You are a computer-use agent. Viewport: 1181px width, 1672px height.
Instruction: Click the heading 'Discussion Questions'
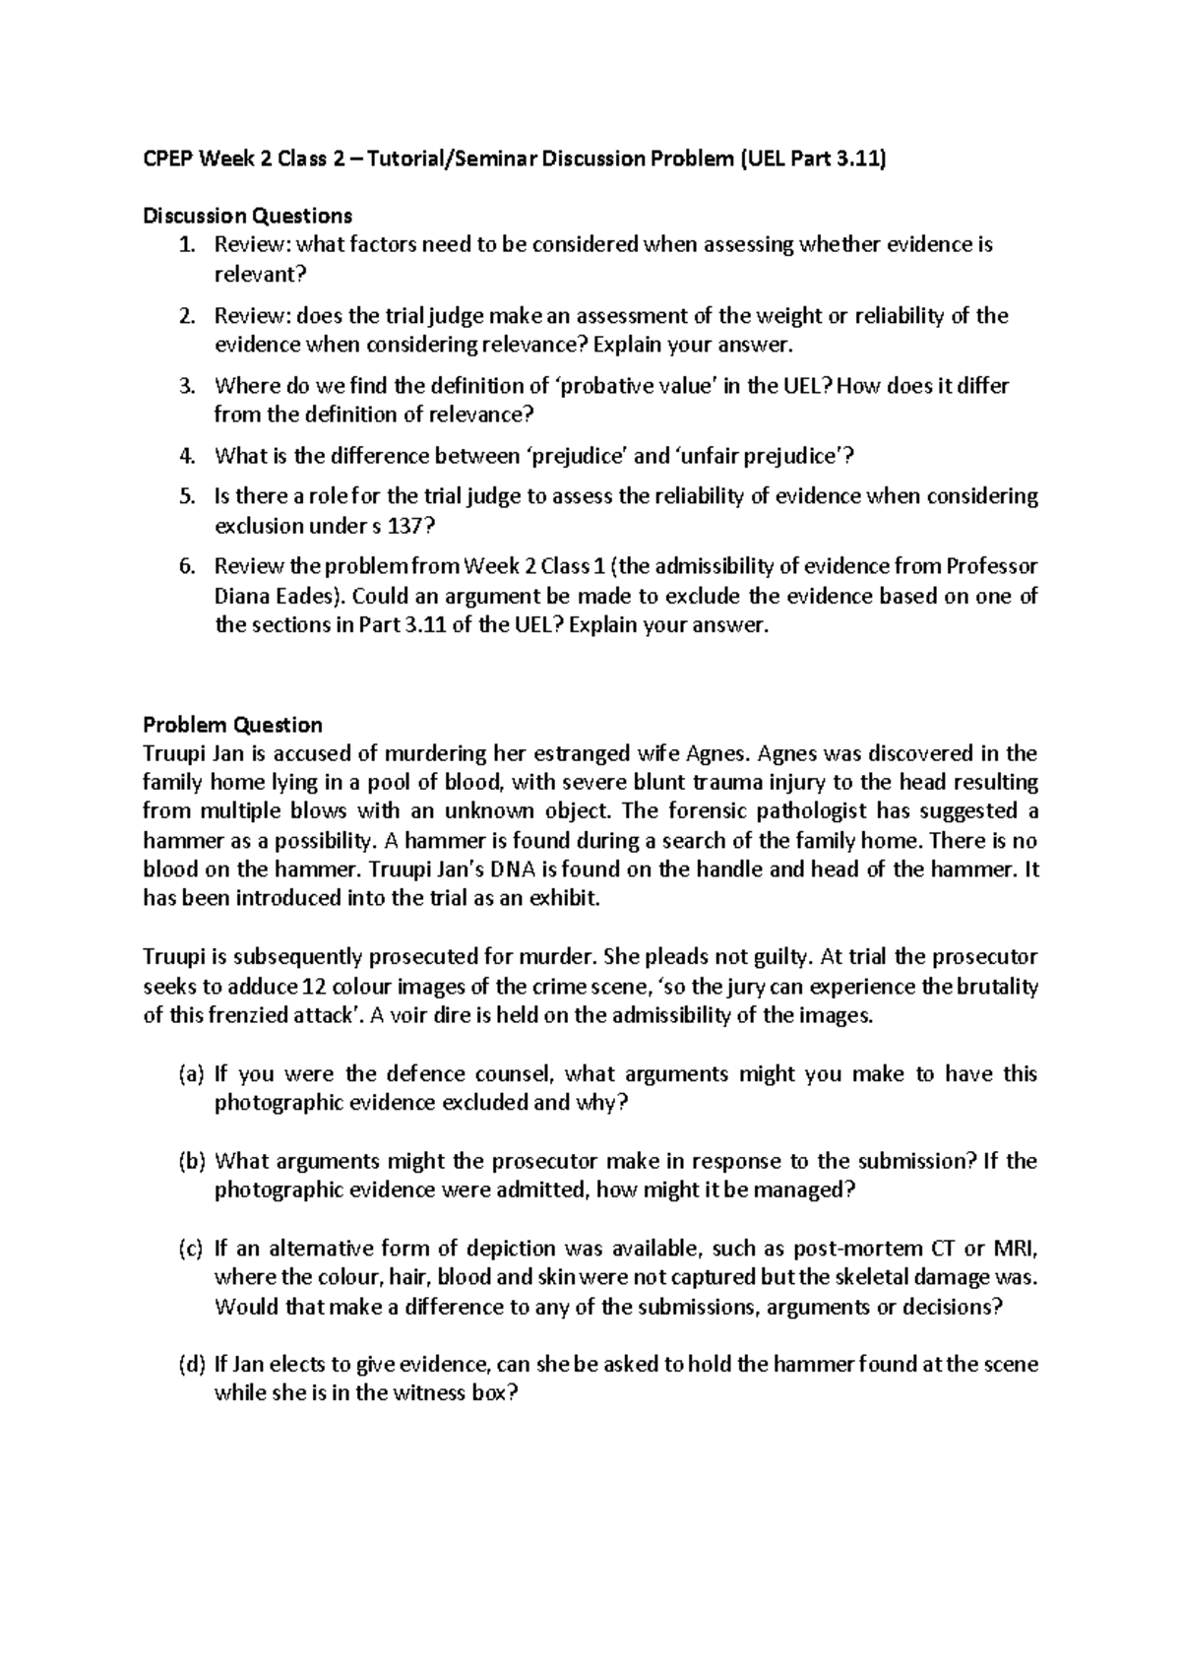point(247,216)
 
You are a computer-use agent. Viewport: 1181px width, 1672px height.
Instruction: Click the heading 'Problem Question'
point(232,726)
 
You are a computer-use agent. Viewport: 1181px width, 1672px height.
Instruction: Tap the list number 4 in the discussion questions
point(187,456)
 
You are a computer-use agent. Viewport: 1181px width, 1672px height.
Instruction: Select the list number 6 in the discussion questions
point(187,566)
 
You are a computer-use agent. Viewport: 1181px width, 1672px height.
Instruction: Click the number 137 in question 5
point(410,526)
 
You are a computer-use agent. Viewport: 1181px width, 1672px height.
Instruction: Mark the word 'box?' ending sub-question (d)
point(488,1394)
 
